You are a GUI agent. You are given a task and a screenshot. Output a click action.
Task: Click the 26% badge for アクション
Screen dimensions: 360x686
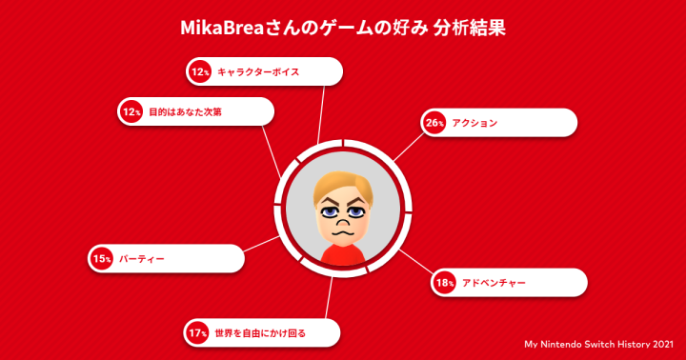(x=435, y=123)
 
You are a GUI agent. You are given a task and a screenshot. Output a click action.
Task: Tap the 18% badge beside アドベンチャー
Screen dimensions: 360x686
(x=445, y=283)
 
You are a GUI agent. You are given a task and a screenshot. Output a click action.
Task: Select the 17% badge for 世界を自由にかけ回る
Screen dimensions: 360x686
(x=197, y=332)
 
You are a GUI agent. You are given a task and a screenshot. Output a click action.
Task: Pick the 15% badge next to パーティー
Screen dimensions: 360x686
(x=102, y=258)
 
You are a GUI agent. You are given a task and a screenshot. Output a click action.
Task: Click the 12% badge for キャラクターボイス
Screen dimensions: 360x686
(x=200, y=71)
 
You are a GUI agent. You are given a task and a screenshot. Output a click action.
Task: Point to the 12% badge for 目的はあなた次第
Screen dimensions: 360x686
(x=131, y=111)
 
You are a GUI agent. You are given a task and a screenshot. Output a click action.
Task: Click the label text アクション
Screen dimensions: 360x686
(x=474, y=123)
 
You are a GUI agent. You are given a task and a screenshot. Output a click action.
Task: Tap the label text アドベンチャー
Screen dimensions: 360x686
(x=494, y=283)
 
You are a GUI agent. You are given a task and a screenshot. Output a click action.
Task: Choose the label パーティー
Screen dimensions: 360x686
(x=142, y=258)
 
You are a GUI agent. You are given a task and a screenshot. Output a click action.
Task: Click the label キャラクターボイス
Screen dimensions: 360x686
(x=258, y=71)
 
